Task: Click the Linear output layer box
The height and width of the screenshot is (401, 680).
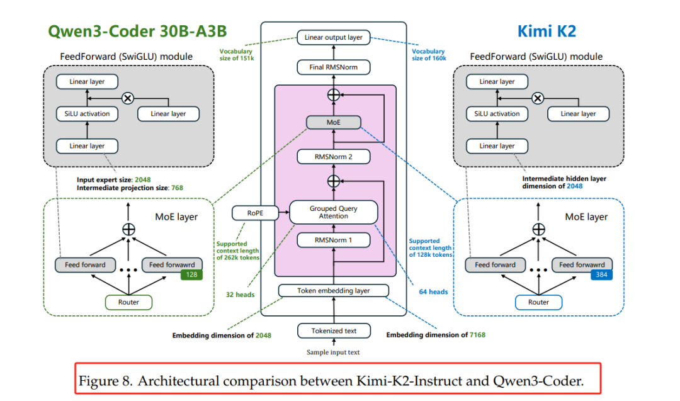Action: [x=333, y=38]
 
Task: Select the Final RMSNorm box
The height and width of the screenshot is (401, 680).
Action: [x=333, y=67]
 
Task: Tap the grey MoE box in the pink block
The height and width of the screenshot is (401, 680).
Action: [x=333, y=123]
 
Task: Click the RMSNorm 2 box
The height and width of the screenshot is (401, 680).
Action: [x=333, y=157]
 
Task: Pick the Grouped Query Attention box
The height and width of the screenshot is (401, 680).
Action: [x=333, y=212]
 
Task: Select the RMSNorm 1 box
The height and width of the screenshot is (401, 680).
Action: [x=333, y=240]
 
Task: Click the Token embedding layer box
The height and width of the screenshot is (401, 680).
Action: [x=333, y=291]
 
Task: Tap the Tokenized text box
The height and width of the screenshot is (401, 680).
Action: [x=333, y=330]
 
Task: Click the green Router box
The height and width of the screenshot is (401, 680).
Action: [x=129, y=302]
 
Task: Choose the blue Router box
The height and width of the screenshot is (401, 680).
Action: [x=538, y=302]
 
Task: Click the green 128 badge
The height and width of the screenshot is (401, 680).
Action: [x=191, y=275]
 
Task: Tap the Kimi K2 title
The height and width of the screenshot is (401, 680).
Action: [x=547, y=31]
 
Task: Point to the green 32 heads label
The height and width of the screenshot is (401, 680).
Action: [x=241, y=293]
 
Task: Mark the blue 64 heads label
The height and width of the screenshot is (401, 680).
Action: [x=433, y=292]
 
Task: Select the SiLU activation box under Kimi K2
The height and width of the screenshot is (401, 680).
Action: [x=497, y=114]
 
